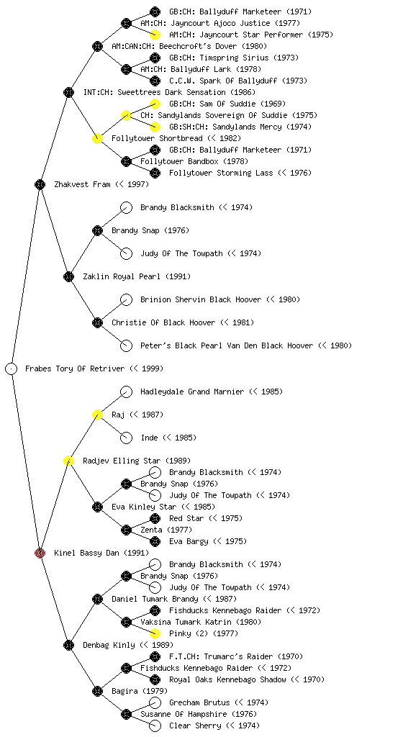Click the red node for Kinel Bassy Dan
(x=40, y=553)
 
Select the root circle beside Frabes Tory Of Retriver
(x=12, y=368)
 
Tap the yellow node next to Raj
(x=97, y=415)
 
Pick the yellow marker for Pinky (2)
(x=155, y=633)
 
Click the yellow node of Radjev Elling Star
(x=68, y=461)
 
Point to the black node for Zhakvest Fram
(x=40, y=184)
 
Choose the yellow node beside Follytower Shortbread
(x=97, y=138)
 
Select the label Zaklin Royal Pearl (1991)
(x=137, y=276)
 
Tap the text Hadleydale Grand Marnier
(x=192, y=392)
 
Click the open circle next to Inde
(x=127, y=438)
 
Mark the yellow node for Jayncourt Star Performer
(x=155, y=35)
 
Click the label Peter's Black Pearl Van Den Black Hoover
(x=227, y=345)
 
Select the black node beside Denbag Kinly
(x=68, y=645)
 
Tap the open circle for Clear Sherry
(x=155, y=725)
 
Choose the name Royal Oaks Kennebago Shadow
(x=227, y=679)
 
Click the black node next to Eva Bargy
(x=155, y=541)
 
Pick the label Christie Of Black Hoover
(x=163, y=322)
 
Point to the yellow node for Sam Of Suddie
(x=155, y=104)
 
